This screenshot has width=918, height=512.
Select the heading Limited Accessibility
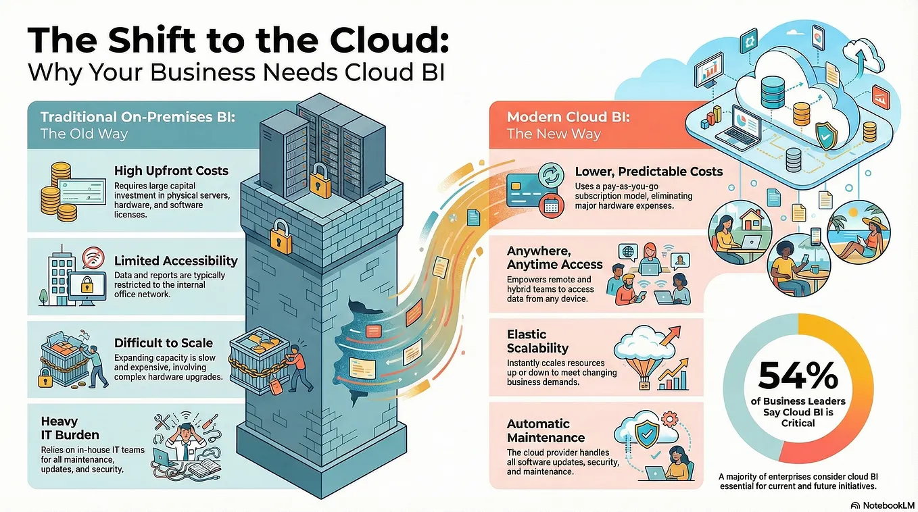click(x=176, y=260)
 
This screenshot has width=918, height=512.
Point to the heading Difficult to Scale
click(x=164, y=342)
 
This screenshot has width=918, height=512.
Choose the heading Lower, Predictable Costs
click(x=649, y=172)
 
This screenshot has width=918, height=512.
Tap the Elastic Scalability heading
click(x=537, y=341)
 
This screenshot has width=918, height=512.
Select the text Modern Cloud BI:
click(x=568, y=117)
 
